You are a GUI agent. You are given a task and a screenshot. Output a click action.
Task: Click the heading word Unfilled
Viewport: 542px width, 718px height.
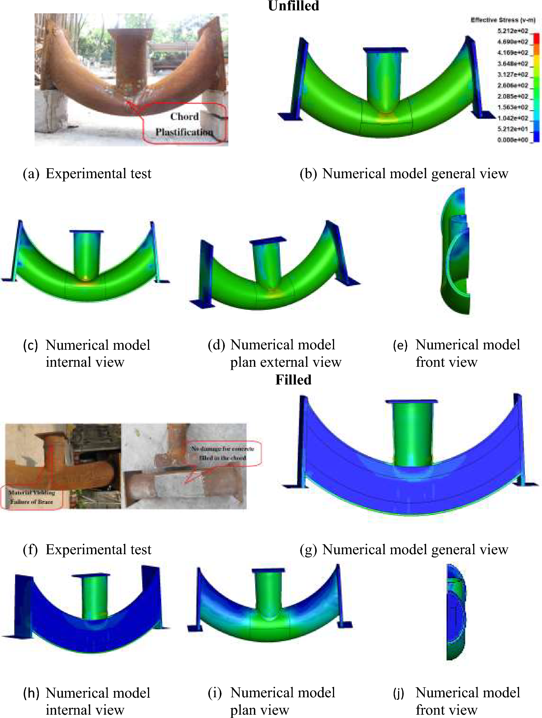point(293,6)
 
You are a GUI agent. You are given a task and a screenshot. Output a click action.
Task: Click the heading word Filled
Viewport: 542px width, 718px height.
point(293,380)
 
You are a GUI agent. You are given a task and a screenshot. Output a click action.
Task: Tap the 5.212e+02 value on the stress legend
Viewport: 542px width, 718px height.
point(513,31)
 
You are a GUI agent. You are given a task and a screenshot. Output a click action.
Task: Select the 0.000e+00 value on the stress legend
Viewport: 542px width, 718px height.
point(513,140)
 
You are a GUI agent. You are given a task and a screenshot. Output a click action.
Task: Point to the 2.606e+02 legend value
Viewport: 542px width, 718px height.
point(513,85)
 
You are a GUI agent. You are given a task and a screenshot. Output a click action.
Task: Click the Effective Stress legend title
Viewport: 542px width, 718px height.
point(503,20)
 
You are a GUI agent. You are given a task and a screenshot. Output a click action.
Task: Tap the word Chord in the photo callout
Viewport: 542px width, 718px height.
point(185,116)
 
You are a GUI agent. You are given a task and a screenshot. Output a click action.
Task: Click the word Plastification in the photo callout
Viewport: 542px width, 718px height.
point(184,132)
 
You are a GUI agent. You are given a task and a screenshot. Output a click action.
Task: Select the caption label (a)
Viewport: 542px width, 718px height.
point(31,174)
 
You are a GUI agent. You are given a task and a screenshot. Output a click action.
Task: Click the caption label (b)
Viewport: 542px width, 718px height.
point(308,174)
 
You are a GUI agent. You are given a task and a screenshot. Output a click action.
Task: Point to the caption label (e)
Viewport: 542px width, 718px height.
point(400,345)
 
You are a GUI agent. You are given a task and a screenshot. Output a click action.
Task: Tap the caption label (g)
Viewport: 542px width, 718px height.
point(308,550)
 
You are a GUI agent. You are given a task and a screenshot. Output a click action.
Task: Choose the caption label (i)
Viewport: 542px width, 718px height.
point(215,693)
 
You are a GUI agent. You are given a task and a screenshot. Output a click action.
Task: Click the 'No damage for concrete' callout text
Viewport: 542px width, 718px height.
point(222,449)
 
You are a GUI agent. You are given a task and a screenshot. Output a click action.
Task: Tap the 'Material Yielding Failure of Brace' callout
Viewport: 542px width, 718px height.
point(32,497)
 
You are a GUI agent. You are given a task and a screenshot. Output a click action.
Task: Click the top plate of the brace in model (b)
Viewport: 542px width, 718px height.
point(386,50)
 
